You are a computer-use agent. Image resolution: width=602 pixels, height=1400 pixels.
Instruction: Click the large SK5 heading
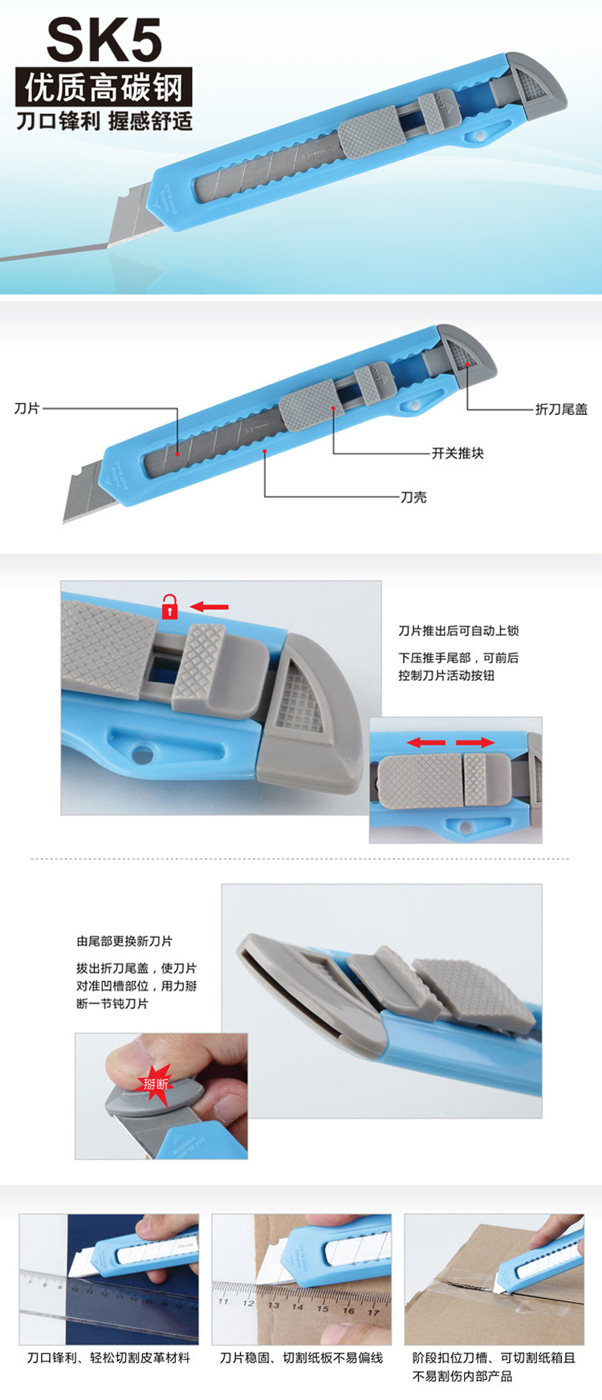pyautogui.click(x=104, y=40)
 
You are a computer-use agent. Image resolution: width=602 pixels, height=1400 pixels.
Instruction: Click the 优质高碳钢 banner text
pyautogui.click(x=104, y=87)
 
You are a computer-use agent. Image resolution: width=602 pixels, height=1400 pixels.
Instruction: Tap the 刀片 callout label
pyautogui.click(x=26, y=409)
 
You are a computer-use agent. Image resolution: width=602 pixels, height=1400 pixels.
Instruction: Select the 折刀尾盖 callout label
pyautogui.click(x=562, y=409)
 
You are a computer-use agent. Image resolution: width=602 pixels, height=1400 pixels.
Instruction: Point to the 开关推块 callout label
pyautogui.click(x=458, y=454)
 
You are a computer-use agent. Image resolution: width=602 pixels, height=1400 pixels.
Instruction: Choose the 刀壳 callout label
pyautogui.click(x=414, y=497)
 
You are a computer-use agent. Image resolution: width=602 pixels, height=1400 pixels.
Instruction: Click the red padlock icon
pyautogui.click(x=169, y=606)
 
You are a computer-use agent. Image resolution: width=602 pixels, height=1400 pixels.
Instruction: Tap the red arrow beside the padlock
pyautogui.click(x=209, y=608)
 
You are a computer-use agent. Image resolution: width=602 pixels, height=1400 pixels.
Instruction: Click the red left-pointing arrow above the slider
pyautogui.click(x=426, y=743)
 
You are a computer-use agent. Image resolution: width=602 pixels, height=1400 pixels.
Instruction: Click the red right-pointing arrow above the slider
pyautogui.click(x=475, y=743)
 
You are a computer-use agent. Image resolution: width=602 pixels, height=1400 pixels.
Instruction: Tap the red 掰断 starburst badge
pyautogui.click(x=156, y=1085)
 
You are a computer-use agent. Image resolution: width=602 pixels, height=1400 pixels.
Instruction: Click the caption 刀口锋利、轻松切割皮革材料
pyautogui.click(x=109, y=1357)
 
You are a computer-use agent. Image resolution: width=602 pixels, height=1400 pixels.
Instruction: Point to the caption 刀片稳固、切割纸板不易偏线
pyautogui.click(x=302, y=1357)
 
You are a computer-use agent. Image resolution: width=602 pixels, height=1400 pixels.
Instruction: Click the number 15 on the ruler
pyautogui.click(x=323, y=1309)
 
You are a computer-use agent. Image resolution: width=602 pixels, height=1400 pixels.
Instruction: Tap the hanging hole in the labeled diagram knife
pyautogui.click(x=414, y=406)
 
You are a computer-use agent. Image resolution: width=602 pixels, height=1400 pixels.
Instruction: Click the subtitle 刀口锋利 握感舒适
pyautogui.click(x=104, y=121)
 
